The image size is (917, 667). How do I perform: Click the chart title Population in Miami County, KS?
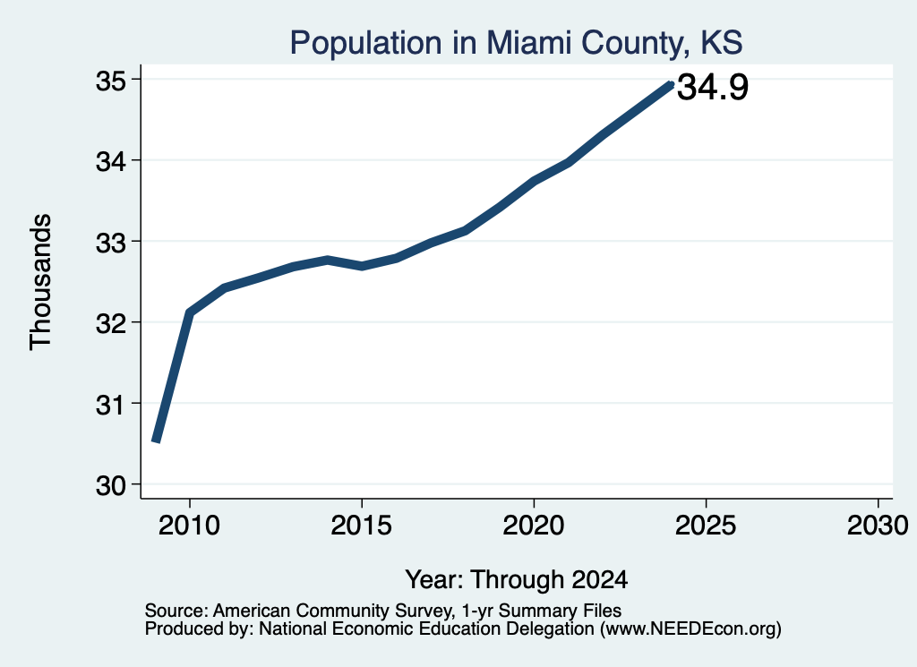(x=517, y=43)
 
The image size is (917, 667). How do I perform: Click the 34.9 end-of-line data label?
(x=713, y=87)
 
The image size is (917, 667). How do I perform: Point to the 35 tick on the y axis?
(x=111, y=80)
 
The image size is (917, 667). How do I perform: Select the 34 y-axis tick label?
(x=111, y=161)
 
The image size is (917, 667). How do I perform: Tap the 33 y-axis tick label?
(x=111, y=242)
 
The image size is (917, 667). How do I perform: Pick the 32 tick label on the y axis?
(x=111, y=322)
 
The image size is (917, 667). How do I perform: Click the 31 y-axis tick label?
(x=111, y=404)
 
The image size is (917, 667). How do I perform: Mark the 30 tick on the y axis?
(x=111, y=485)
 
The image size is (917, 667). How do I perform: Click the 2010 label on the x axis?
(x=190, y=526)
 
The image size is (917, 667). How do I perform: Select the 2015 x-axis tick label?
(x=362, y=526)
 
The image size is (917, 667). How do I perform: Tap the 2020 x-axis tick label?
(x=534, y=526)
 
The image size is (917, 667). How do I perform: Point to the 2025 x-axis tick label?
(x=706, y=526)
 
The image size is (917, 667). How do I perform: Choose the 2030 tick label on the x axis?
(x=878, y=526)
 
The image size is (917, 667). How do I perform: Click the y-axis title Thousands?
(x=41, y=282)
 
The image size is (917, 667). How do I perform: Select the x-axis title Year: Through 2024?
(x=517, y=580)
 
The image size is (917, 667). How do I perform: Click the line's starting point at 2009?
(x=156, y=441)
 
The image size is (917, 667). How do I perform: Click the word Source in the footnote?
(x=176, y=611)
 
